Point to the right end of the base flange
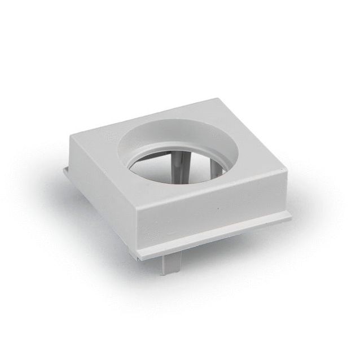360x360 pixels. point(289,215)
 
